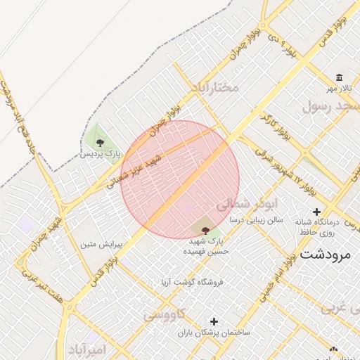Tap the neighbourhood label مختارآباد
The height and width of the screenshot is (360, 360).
pyautogui.click(x=214, y=88)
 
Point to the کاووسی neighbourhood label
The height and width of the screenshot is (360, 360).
pyautogui.click(x=165, y=315)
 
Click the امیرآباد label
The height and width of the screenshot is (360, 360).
pyautogui.click(x=86, y=349)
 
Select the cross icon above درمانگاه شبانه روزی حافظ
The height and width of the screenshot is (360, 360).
pyautogui.click(x=316, y=212)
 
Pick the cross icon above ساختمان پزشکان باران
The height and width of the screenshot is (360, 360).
pyautogui.click(x=214, y=321)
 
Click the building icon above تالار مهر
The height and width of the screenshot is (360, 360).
pyautogui.click(x=340, y=77)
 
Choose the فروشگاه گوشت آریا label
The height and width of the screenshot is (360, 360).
pyautogui.click(x=191, y=281)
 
